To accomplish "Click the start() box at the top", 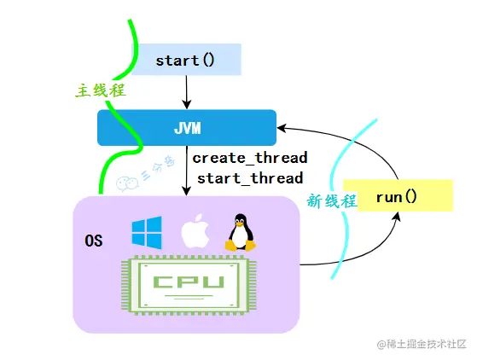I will coord(184,61).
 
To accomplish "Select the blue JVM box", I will coord(186,127).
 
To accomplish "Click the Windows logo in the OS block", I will coord(146,231).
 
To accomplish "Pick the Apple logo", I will coord(195,231).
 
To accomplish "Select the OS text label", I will coord(94,241).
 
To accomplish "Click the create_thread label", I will coord(249,158).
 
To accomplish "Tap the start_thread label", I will coord(249,178).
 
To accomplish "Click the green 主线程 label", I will coord(98,90).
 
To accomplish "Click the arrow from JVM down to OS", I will coord(186,171).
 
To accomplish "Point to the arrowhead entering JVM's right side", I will coord(282,128).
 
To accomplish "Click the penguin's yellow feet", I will coord(240,247).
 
